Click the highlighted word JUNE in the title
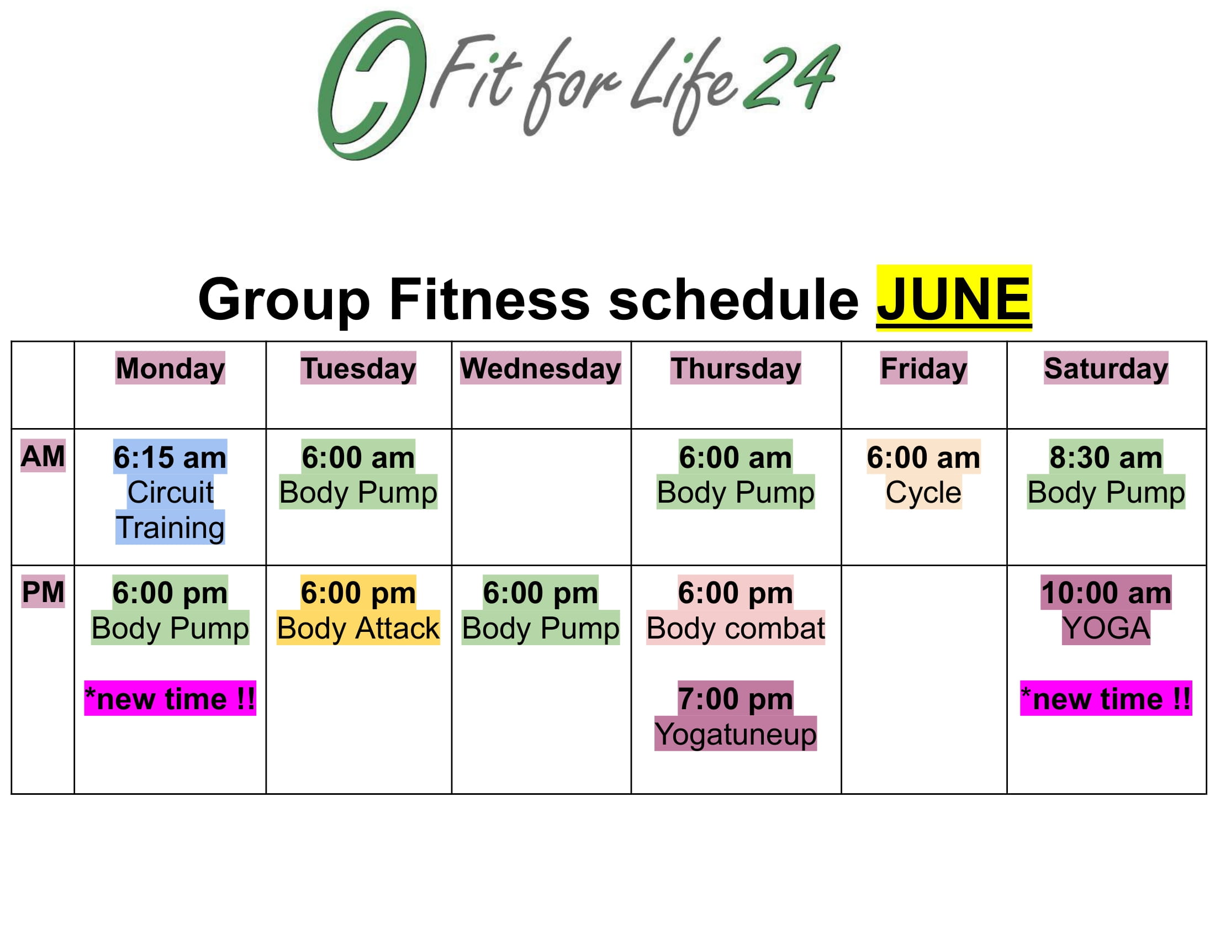coord(954,298)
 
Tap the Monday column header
coord(170,368)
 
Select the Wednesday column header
coord(540,368)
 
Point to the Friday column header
coord(923,368)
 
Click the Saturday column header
coord(1106,368)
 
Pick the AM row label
coord(43,456)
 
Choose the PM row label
coord(43,592)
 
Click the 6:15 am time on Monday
coord(170,457)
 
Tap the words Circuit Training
coord(170,510)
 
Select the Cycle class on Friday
coord(923,492)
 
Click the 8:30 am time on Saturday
coord(1106,457)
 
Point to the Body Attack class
coord(358,627)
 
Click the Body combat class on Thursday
coord(736,627)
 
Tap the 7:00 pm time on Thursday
coord(736,698)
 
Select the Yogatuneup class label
coord(736,734)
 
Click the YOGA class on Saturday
coord(1106,627)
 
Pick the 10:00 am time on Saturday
coord(1106,593)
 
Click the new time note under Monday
coord(170,698)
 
